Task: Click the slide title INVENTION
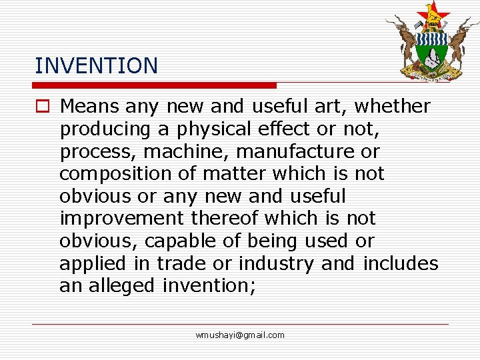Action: (x=96, y=65)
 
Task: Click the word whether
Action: (x=393, y=106)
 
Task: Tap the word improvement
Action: (x=121, y=219)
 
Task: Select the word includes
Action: (x=400, y=263)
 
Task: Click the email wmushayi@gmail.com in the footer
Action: (x=240, y=335)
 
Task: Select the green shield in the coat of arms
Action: (x=432, y=50)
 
